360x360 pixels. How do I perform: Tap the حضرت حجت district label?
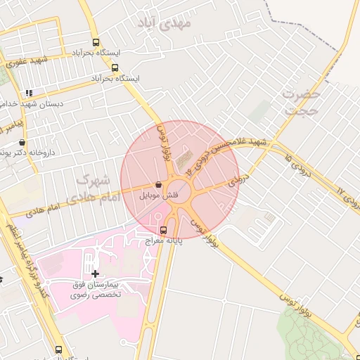coord(302,102)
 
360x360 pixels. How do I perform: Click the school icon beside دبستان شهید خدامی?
coord(29,92)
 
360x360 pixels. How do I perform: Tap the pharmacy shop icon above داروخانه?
coord(22,143)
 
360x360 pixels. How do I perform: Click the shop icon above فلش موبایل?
coord(159,184)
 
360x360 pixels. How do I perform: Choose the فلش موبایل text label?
coord(160,195)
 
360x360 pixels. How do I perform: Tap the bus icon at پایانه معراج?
coord(164,229)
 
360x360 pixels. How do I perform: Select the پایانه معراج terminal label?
coord(164,240)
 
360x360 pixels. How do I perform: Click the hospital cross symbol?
coord(95,273)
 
